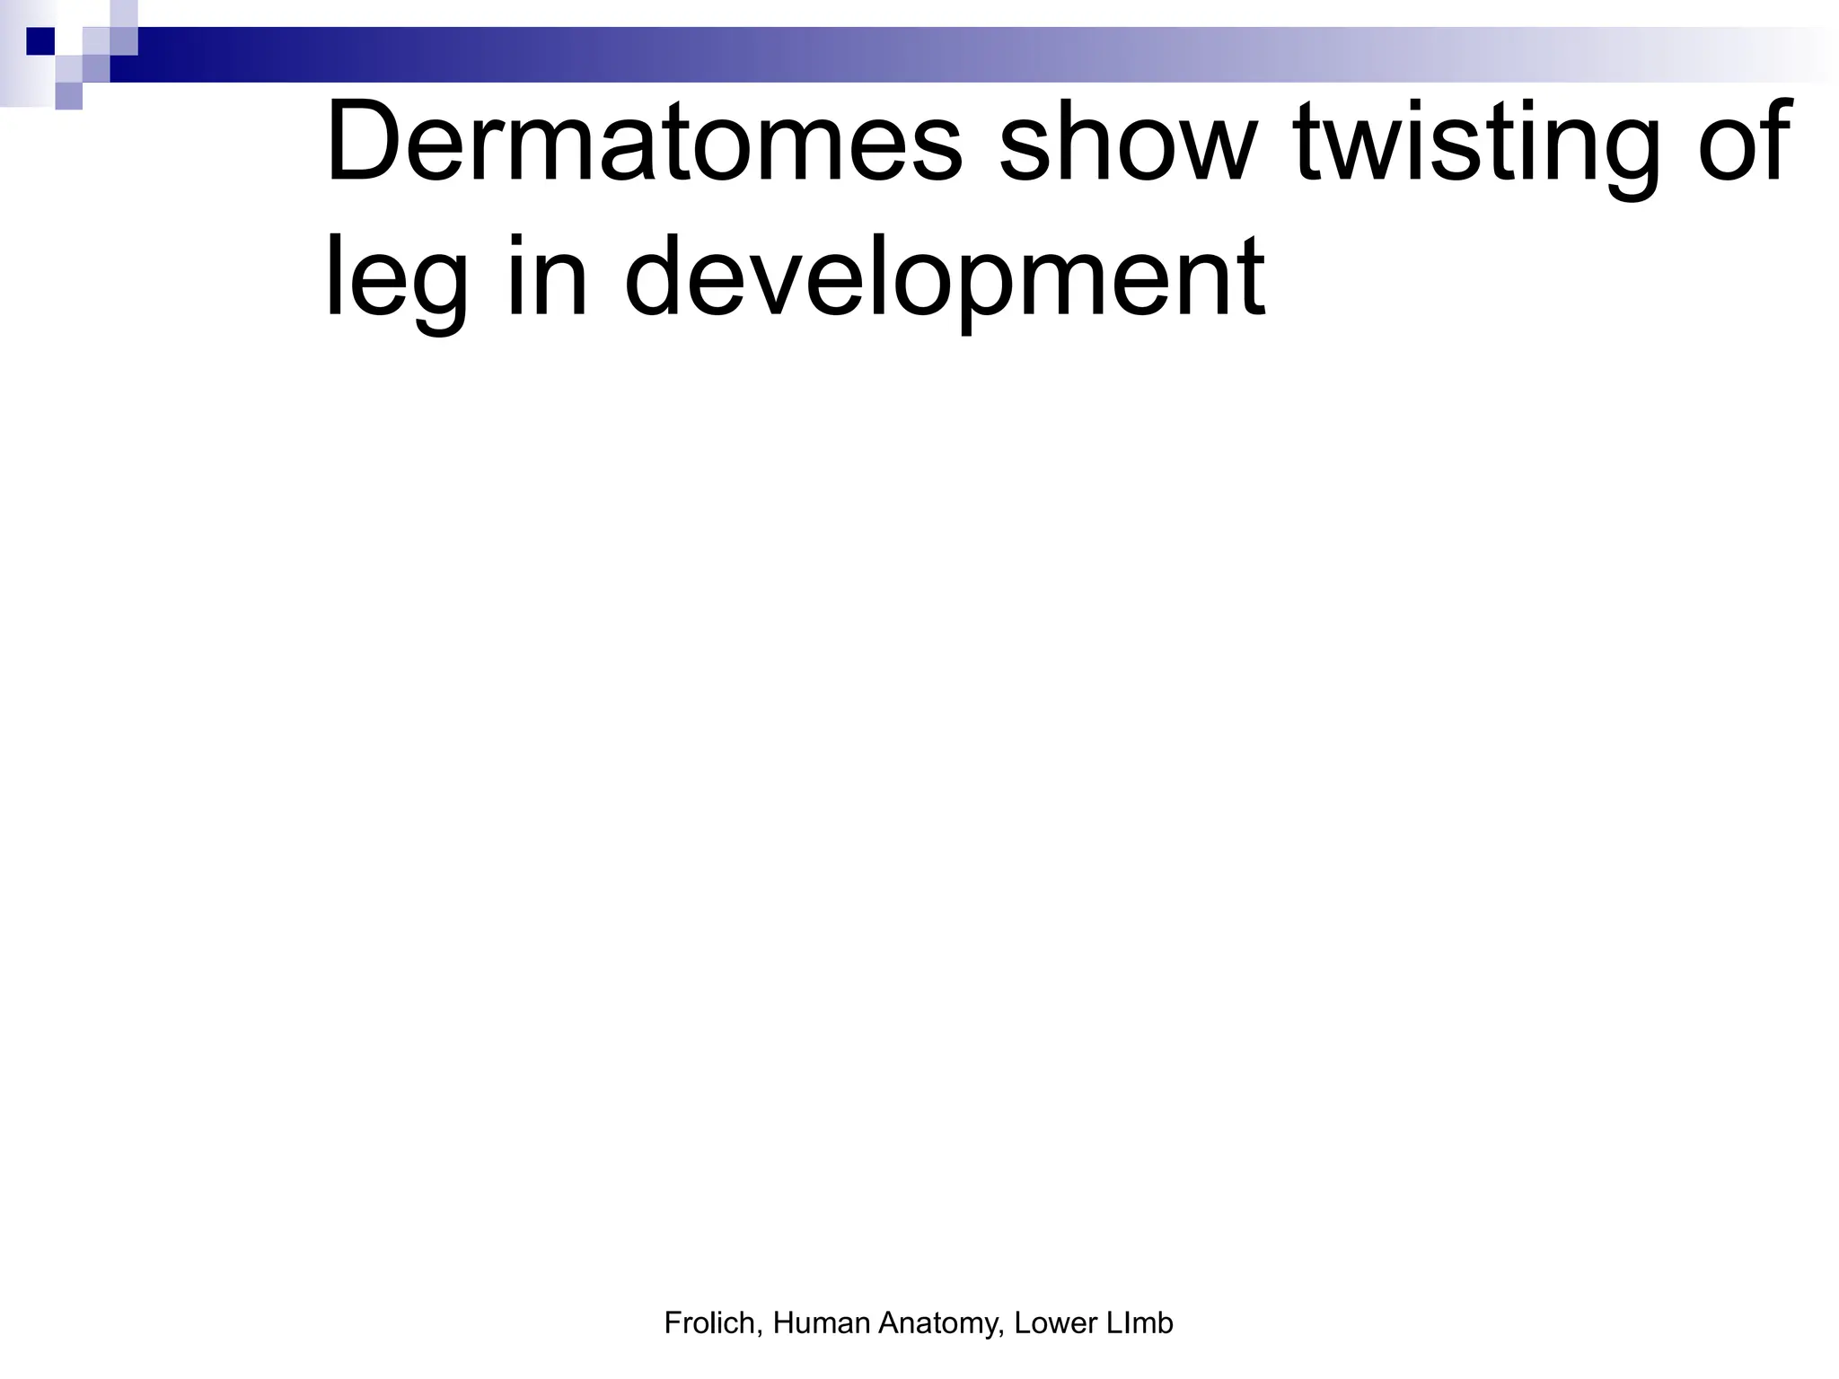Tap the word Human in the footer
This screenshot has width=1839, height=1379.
821,1322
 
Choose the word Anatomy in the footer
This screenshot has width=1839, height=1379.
940,1324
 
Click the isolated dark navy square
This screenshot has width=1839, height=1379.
40,41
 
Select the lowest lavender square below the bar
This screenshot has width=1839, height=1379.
68,95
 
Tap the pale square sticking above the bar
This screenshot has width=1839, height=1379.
124,13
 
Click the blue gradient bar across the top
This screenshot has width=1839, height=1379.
898,55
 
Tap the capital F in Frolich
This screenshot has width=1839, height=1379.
672,1322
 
